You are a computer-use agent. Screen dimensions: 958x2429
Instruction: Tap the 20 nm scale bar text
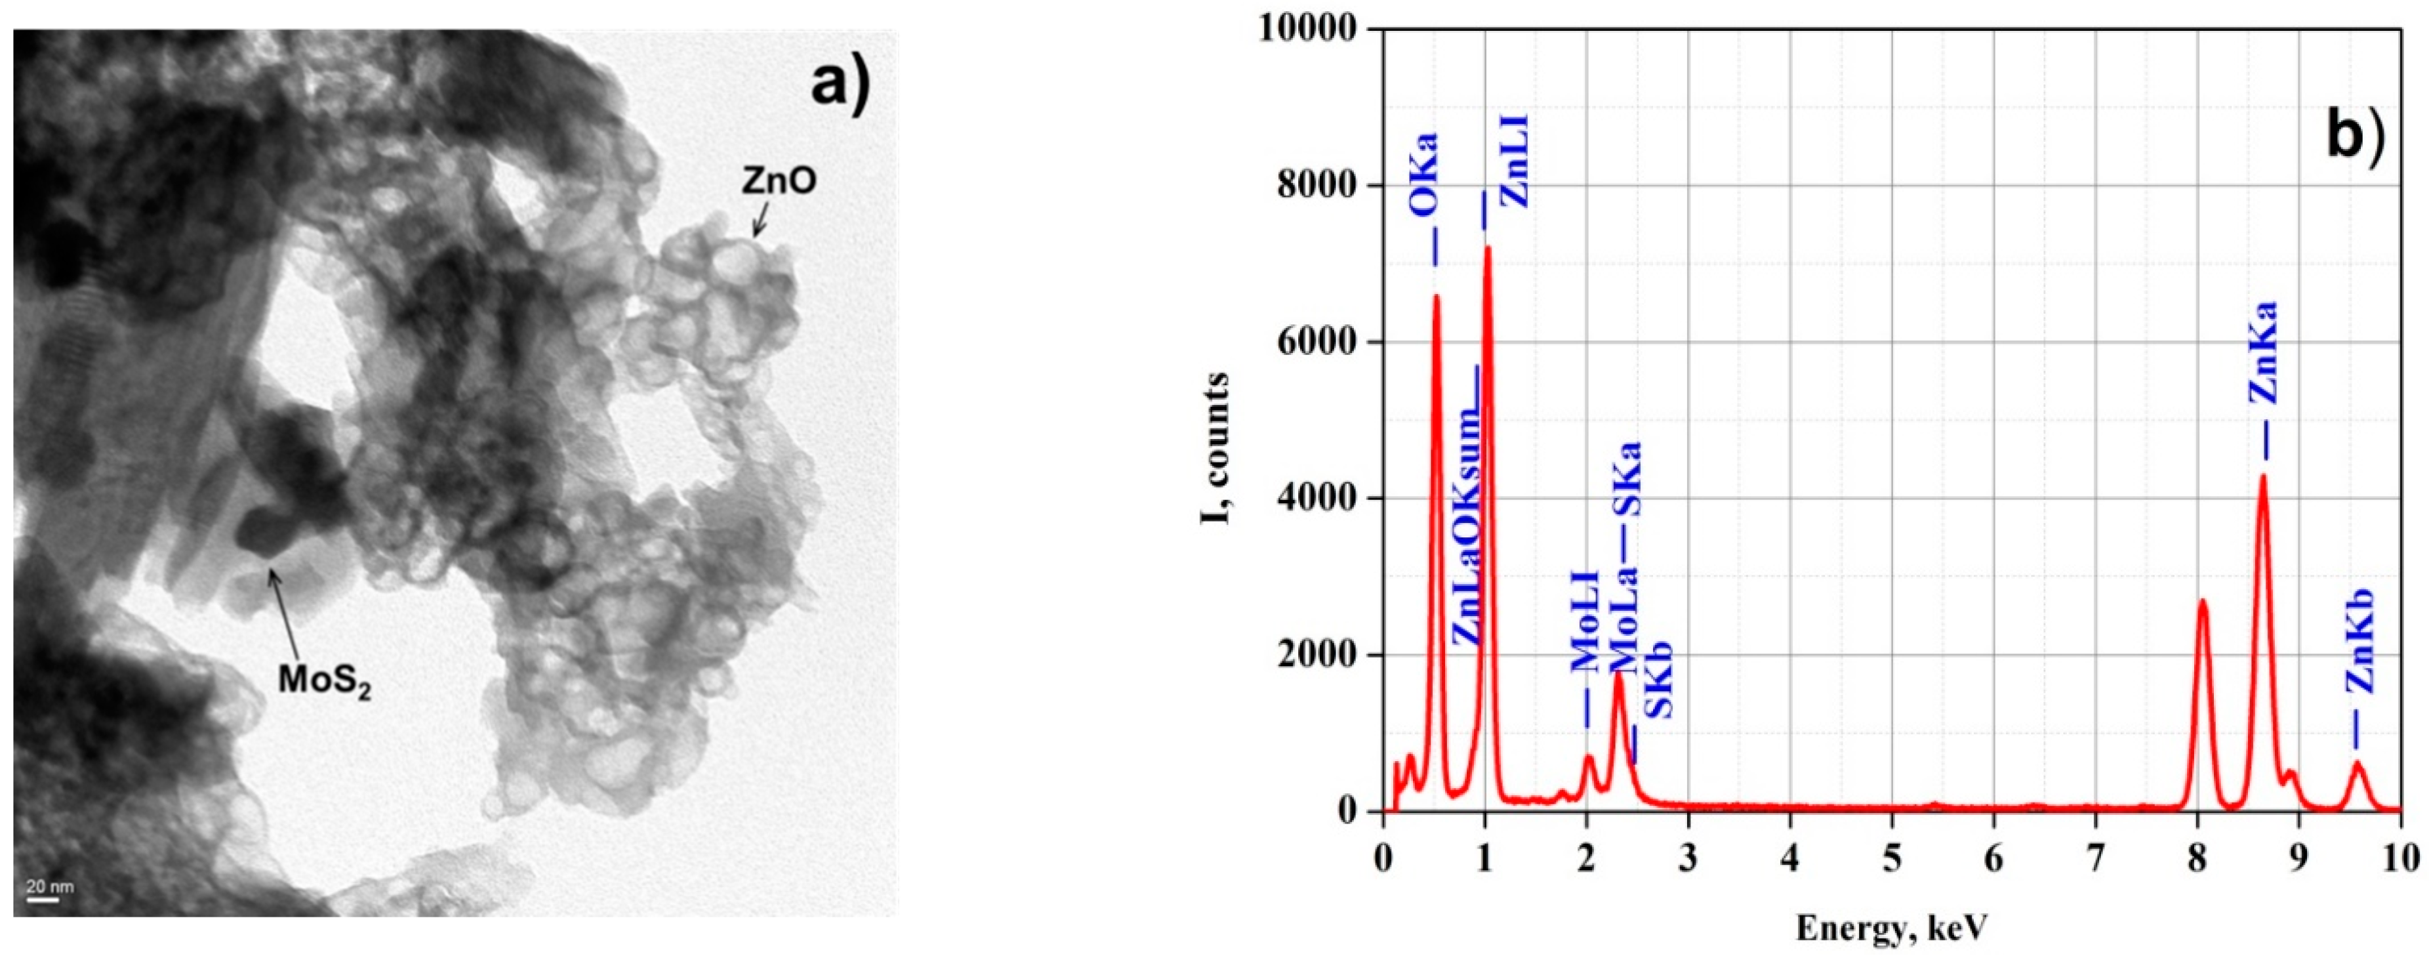pos(49,886)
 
